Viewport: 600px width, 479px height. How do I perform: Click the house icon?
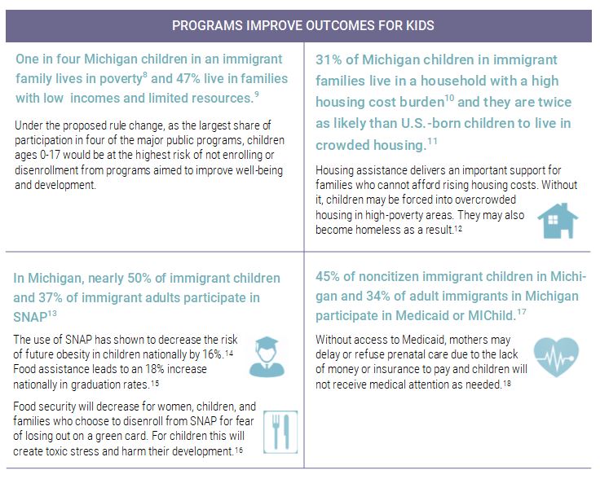(558, 221)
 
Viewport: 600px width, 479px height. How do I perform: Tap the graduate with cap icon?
(266, 355)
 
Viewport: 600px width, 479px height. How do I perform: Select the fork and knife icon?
(279, 430)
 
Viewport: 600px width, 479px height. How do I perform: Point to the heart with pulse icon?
(557, 357)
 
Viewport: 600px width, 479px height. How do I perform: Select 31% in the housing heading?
(329, 60)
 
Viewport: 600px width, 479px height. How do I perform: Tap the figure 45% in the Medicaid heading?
(329, 276)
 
